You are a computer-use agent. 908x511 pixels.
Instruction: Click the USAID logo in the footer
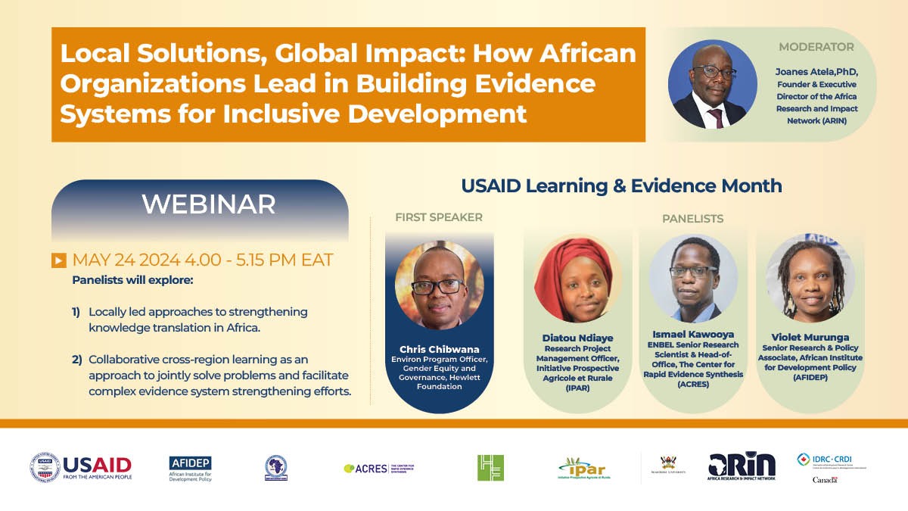coord(81,467)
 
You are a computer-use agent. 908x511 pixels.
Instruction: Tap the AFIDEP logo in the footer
coord(191,468)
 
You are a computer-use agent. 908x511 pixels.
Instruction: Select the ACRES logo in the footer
coord(378,468)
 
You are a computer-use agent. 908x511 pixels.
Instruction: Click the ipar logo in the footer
coord(582,468)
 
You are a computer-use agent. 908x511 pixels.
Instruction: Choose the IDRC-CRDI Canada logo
coord(829,467)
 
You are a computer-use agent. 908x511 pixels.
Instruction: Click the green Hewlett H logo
coord(490,467)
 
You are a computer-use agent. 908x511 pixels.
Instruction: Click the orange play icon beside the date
coord(58,260)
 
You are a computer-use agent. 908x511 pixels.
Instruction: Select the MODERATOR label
coord(816,47)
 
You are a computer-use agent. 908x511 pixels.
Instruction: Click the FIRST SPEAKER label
coord(439,217)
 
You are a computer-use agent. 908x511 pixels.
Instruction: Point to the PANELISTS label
coord(692,219)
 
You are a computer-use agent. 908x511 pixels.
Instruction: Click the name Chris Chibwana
coord(439,349)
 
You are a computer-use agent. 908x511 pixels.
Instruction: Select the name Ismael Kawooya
coord(693,333)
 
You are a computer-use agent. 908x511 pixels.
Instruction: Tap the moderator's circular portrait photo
coord(713,85)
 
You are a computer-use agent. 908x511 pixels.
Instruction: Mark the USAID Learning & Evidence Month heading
coord(621,185)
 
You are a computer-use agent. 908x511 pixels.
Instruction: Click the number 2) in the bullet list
coord(76,359)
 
